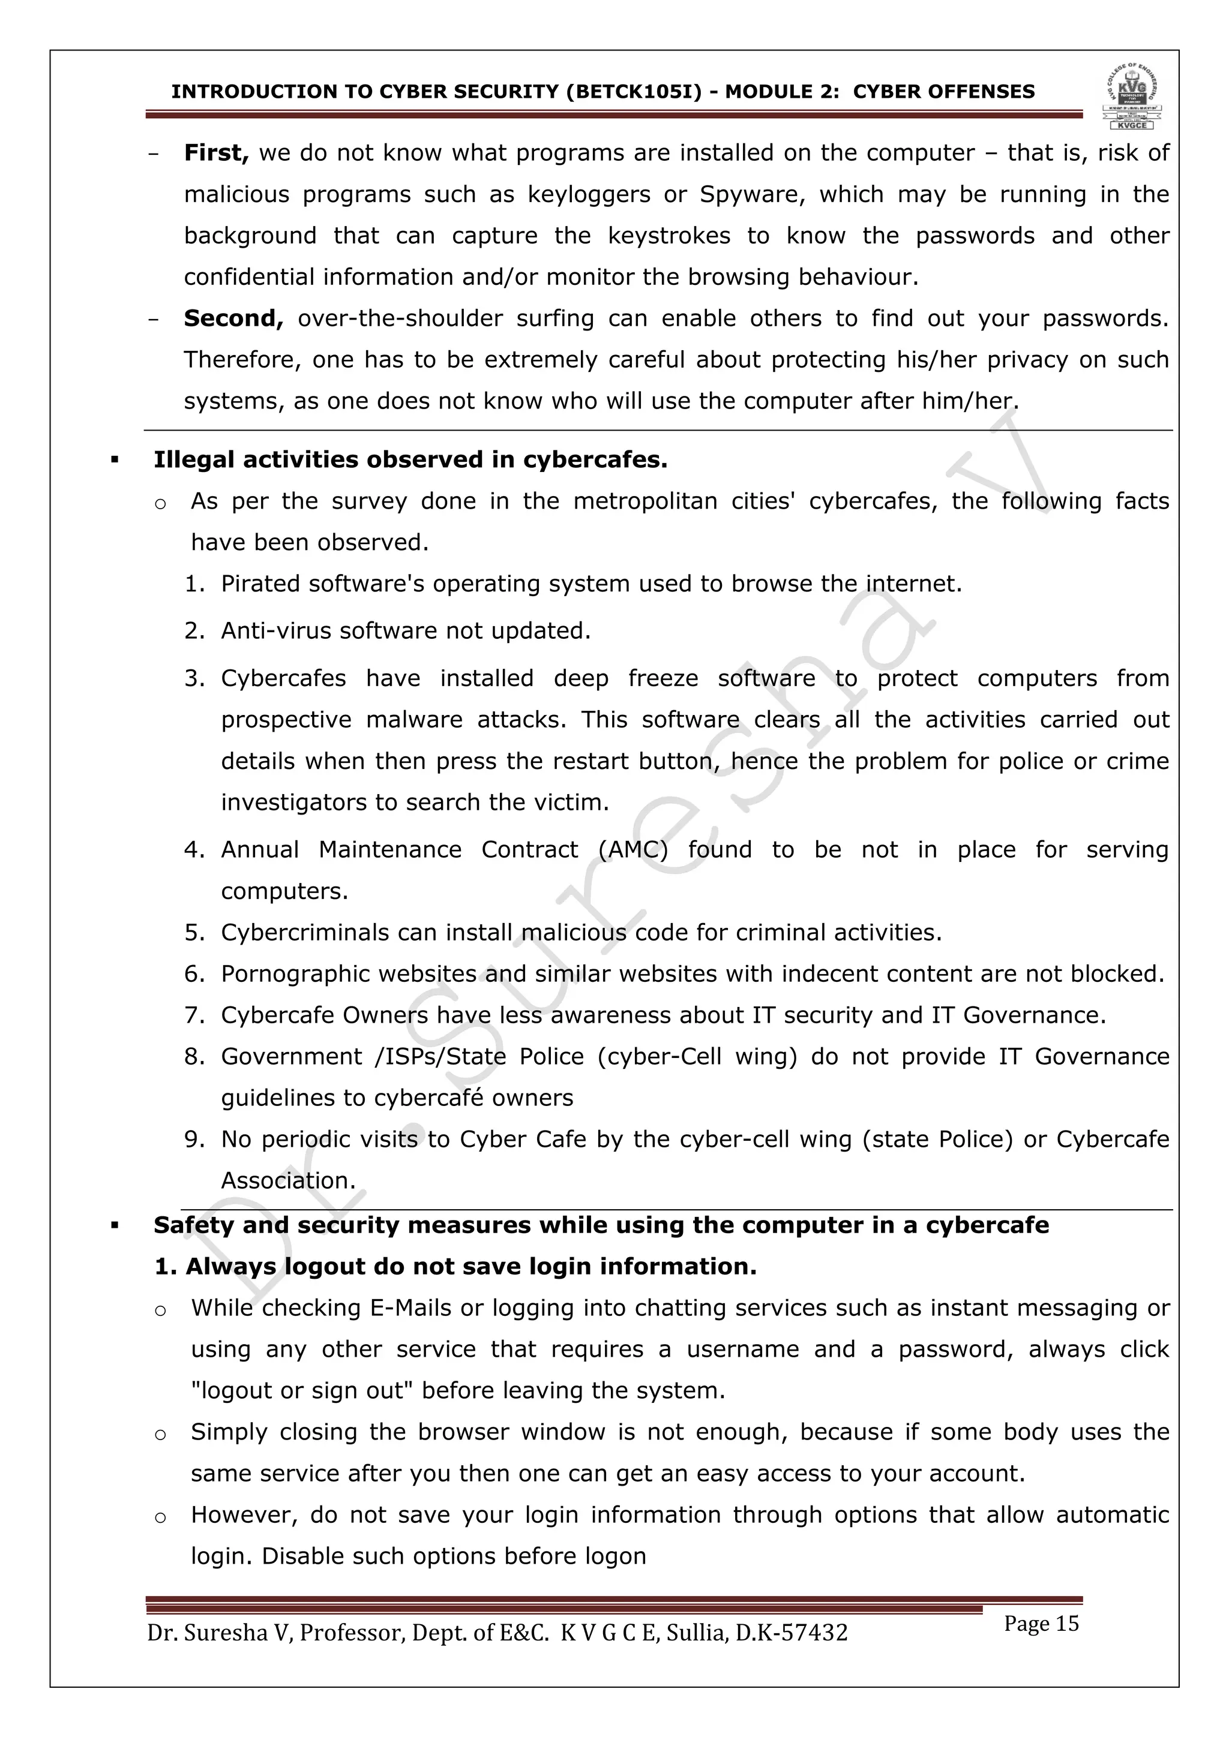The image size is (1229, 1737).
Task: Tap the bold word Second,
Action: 233,318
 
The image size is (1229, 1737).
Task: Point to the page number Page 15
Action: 1041,1624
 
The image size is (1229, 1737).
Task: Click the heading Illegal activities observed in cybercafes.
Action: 410,460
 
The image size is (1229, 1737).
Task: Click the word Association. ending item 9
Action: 288,1181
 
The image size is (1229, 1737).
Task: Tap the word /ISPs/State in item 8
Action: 440,1057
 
